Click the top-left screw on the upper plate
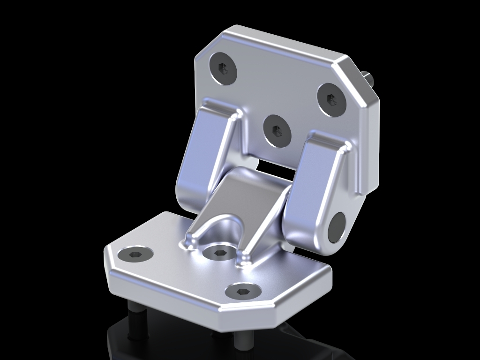click(x=223, y=68)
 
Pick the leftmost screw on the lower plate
click(x=135, y=254)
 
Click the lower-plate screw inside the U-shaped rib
click(x=219, y=253)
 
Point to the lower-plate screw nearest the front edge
click(x=242, y=292)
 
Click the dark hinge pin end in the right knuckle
click(x=336, y=227)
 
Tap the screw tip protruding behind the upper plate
click(x=367, y=78)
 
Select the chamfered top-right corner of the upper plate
click(x=361, y=80)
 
